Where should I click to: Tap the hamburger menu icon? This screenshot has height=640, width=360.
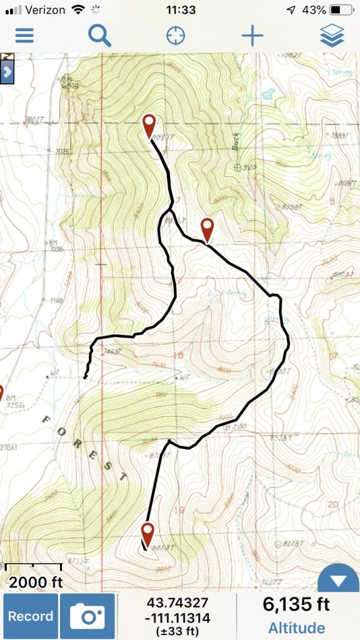[x=24, y=35]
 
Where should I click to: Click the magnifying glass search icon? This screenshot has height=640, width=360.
[x=99, y=35]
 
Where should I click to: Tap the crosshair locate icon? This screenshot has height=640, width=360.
[x=176, y=35]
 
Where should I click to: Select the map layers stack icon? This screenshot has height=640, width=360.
[x=332, y=35]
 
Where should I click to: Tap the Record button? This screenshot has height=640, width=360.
[x=31, y=616]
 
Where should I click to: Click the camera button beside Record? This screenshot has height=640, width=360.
[x=87, y=616]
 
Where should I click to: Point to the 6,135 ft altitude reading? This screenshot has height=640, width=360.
[x=296, y=604]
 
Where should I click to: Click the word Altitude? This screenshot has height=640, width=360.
[x=296, y=627]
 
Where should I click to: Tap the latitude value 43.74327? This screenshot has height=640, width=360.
[x=177, y=603]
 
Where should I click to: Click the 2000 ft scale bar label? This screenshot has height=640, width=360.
[x=36, y=582]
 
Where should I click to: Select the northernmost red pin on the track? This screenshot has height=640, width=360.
[x=149, y=125]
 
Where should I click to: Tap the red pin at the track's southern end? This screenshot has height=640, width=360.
[x=147, y=534]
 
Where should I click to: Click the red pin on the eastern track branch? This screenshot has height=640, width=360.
[x=207, y=229]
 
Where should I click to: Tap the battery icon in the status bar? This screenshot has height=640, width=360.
[x=341, y=10]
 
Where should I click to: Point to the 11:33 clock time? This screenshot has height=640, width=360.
[x=181, y=10]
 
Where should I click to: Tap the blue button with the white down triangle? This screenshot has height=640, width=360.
[x=338, y=581]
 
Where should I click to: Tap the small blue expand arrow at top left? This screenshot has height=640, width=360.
[x=7, y=71]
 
